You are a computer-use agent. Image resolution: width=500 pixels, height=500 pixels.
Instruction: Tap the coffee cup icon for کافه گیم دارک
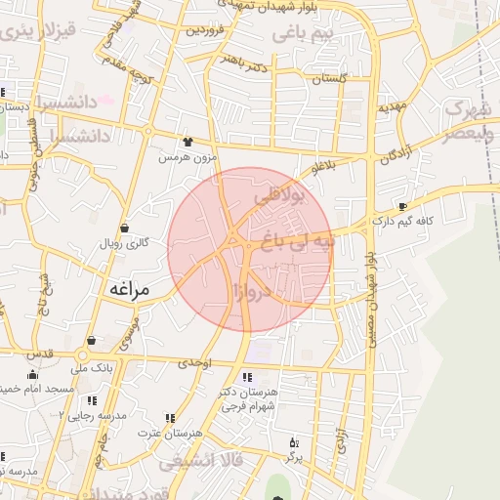[402, 206]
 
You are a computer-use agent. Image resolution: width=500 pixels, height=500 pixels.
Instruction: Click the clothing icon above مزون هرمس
[187, 142]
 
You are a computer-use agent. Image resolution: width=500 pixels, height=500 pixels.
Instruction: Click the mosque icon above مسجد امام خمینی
[34, 374]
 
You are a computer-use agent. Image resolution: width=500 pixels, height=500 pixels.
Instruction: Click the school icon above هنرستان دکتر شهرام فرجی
[247, 377]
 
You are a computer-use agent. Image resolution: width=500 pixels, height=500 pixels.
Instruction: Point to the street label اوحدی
[195, 362]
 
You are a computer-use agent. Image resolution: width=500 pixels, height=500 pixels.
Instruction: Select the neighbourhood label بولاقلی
[280, 195]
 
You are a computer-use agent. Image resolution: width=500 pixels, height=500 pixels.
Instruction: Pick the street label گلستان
[330, 78]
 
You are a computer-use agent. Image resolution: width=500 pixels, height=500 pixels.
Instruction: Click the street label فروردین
[207, 30]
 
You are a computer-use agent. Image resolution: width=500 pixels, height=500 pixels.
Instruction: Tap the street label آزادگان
[393, 154]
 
